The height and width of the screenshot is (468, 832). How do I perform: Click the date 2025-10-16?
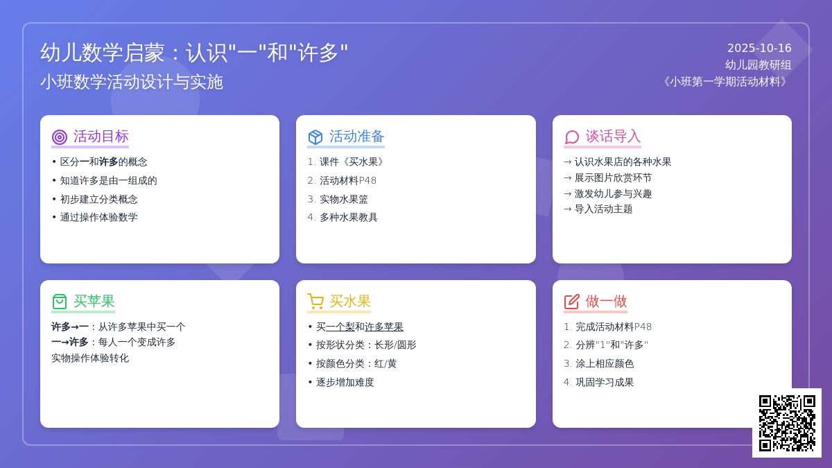pos(759,49)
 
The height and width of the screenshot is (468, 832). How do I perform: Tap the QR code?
pos(787,423)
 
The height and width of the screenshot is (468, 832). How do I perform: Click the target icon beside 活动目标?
pos(60,137)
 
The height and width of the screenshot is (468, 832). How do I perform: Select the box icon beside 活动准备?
pos(315,137)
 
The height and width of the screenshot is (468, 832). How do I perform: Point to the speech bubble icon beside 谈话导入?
pos(572,137)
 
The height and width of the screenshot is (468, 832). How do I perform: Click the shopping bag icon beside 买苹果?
pos(60,302)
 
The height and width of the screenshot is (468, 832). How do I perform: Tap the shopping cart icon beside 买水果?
pos(315,302)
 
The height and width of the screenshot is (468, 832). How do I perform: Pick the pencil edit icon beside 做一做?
pos(572,302)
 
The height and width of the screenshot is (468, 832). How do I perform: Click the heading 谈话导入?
pos(613,137)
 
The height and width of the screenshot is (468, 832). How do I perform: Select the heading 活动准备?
pos(356,137)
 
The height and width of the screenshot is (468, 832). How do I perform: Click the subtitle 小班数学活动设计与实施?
pos(132,82)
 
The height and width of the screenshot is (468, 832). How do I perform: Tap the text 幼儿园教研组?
pos(758,65)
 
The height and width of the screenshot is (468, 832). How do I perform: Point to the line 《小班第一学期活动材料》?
pos(725,81)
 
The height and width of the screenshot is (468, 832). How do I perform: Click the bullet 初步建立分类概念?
pos(98,200)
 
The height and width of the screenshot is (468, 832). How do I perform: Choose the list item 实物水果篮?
pos(344,200)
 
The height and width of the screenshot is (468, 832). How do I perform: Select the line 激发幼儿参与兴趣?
pos(613,193)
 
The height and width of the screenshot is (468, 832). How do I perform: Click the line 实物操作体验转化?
pos(90,358)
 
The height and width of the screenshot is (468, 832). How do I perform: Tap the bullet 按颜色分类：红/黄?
pos(356,363)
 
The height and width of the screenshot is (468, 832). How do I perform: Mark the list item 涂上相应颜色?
pos(605,363)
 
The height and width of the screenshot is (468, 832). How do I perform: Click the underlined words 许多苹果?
pos(383,327)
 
